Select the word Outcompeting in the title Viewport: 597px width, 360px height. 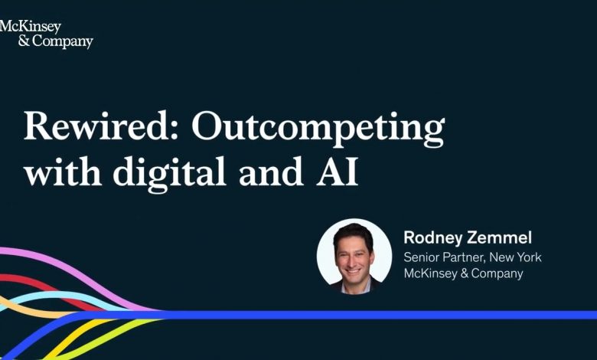point(318,129)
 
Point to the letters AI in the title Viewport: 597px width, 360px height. point(337,172)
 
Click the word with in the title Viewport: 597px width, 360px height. point(63,171)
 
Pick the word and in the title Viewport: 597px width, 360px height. point(271,171)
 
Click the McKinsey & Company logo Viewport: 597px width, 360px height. point(46,34)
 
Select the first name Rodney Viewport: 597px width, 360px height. point(433,238)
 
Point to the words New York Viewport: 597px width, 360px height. point(515,257)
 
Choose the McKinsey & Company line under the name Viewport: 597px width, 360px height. point(463,273)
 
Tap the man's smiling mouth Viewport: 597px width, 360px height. point(353,272)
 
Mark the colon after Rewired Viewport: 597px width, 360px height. point(175,131)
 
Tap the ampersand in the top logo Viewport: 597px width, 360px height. point(24,41)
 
